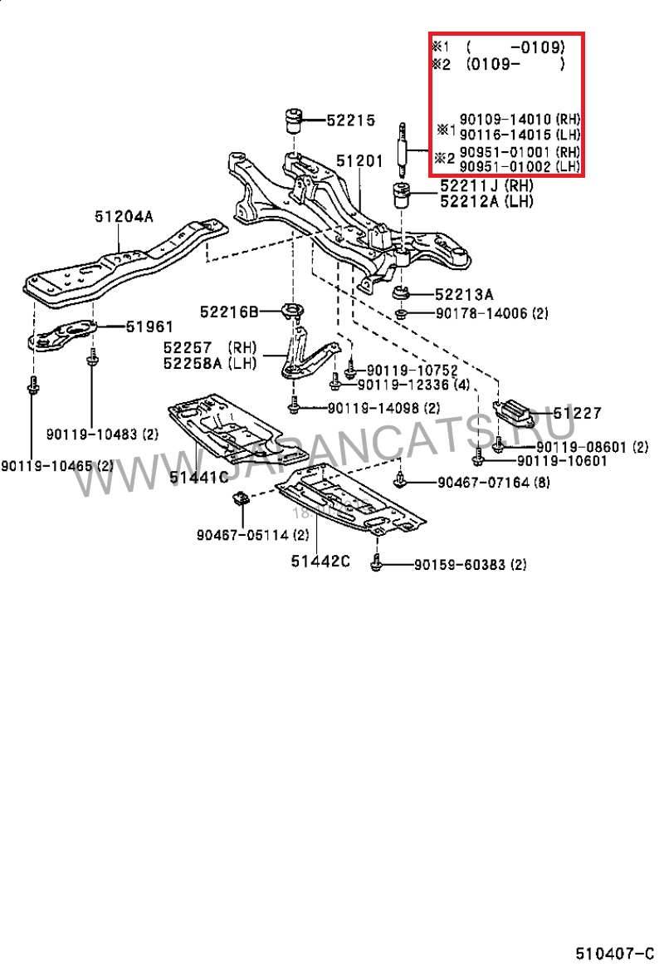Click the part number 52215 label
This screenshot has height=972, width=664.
(351, 120)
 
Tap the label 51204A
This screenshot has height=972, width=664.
(123, 218)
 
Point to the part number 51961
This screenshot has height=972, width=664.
(149, 327)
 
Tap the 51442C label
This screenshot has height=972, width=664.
(320, 562)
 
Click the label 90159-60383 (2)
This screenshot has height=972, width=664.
(471, 565)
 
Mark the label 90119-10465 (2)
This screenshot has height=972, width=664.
(56, 466)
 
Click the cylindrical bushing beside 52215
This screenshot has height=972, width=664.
(293, 121)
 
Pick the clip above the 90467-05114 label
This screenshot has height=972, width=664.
(240, 498)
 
